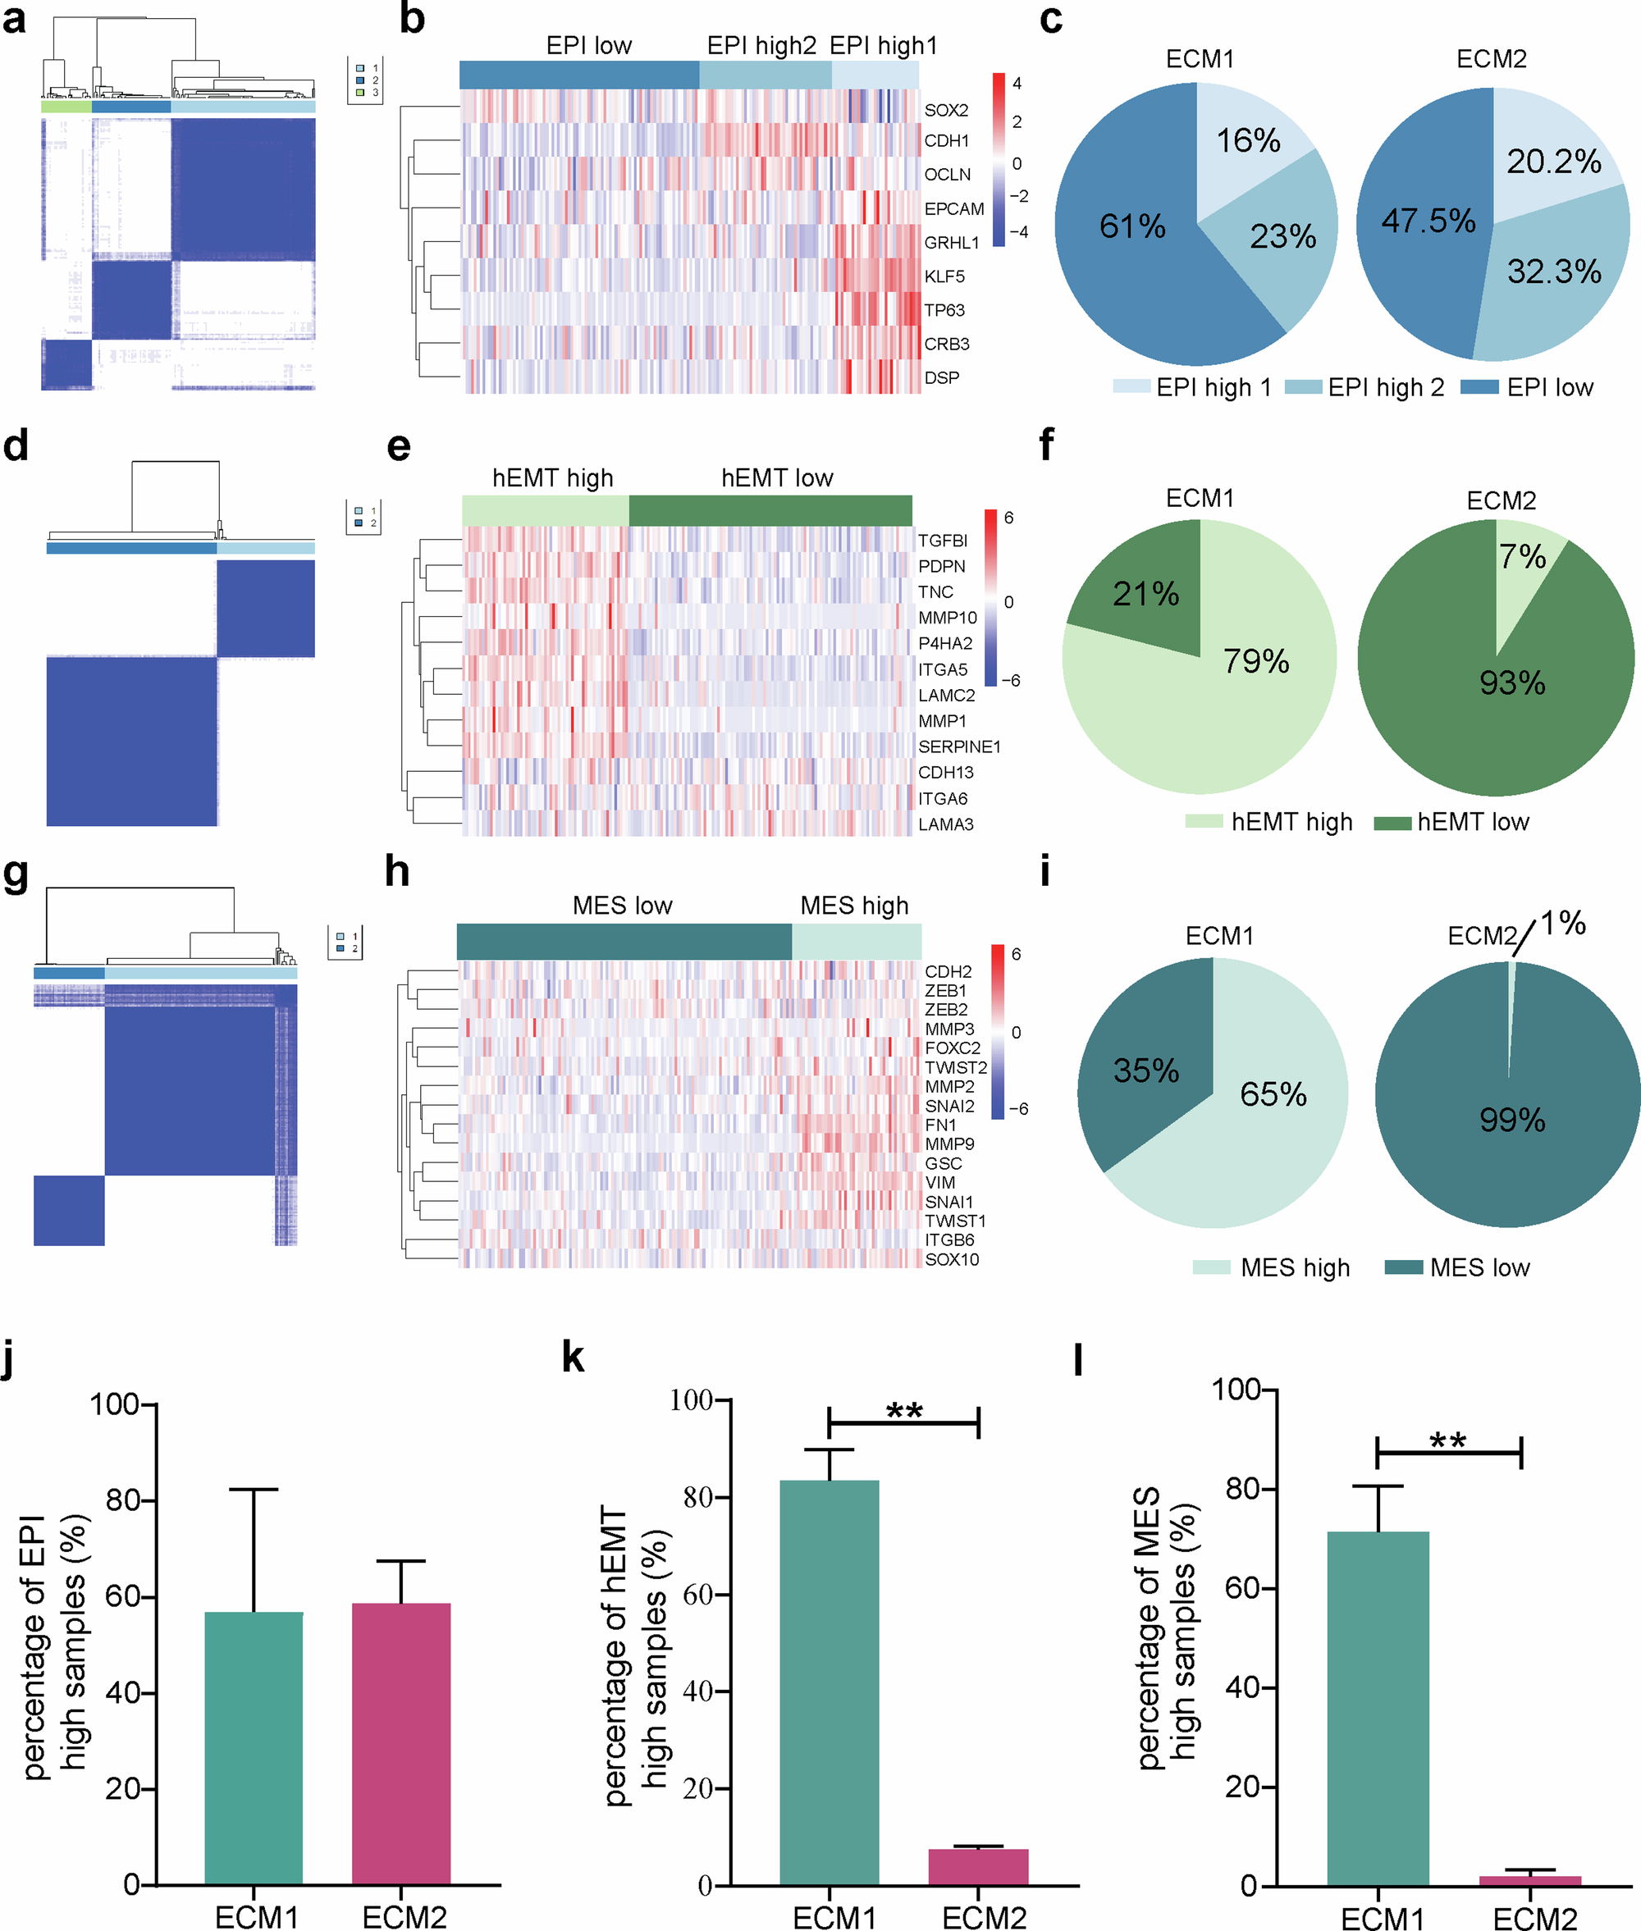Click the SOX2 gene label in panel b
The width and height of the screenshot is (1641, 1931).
pyautogui.click(x=945, y=110)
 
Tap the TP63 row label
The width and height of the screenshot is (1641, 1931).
pyautogui.click(x=944, y=310)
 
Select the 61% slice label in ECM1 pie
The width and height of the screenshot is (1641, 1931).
pyautogui.click(x=1131, y=226)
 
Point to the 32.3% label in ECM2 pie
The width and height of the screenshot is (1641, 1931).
pyautogui.click(x=1553, y=272)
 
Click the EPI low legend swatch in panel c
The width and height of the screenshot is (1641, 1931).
pyautogui.click(x=1479, y=387)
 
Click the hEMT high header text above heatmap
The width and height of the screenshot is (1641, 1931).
pyautogui.click(x=552, y=478)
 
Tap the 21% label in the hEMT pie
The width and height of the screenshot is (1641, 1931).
pyautogui.click(x=1145, y=593)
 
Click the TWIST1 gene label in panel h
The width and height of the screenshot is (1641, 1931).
pyautogui.click(x=954, y=1221)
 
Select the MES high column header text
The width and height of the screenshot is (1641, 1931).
pyautogui.click(x=854, y=905)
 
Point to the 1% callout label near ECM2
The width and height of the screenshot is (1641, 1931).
pyautogui.click(x=1562, y=924)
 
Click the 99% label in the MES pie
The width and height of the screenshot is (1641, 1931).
pyautogui.click(x=1511, y=1120)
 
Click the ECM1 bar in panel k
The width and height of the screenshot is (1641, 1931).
pyautogui.click(x=829, y=1683)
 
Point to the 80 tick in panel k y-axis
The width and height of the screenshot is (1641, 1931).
pyautogui.click(x=697, y=1498)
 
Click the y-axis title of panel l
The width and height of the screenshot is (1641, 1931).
pyautogui.click(x=1165, y=1627)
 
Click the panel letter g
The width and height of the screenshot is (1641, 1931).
pyautogui.click(x=16, y=874)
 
